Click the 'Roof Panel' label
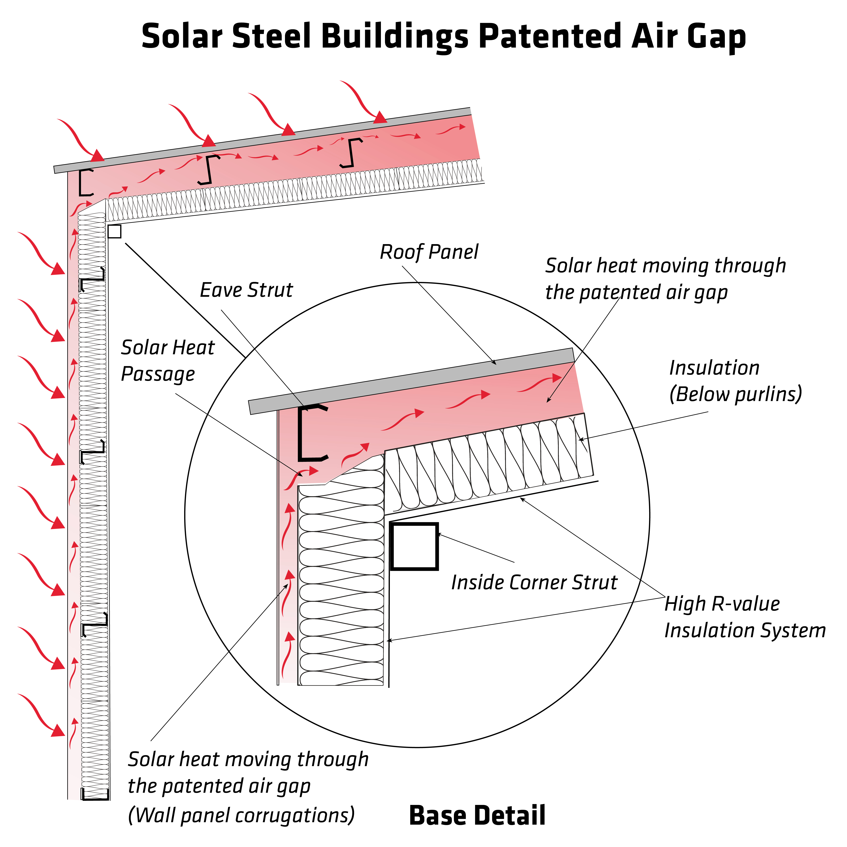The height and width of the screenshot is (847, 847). (429, 252)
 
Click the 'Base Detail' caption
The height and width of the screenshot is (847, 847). (477, 815)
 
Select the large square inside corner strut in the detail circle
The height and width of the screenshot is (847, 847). (414, 546)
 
